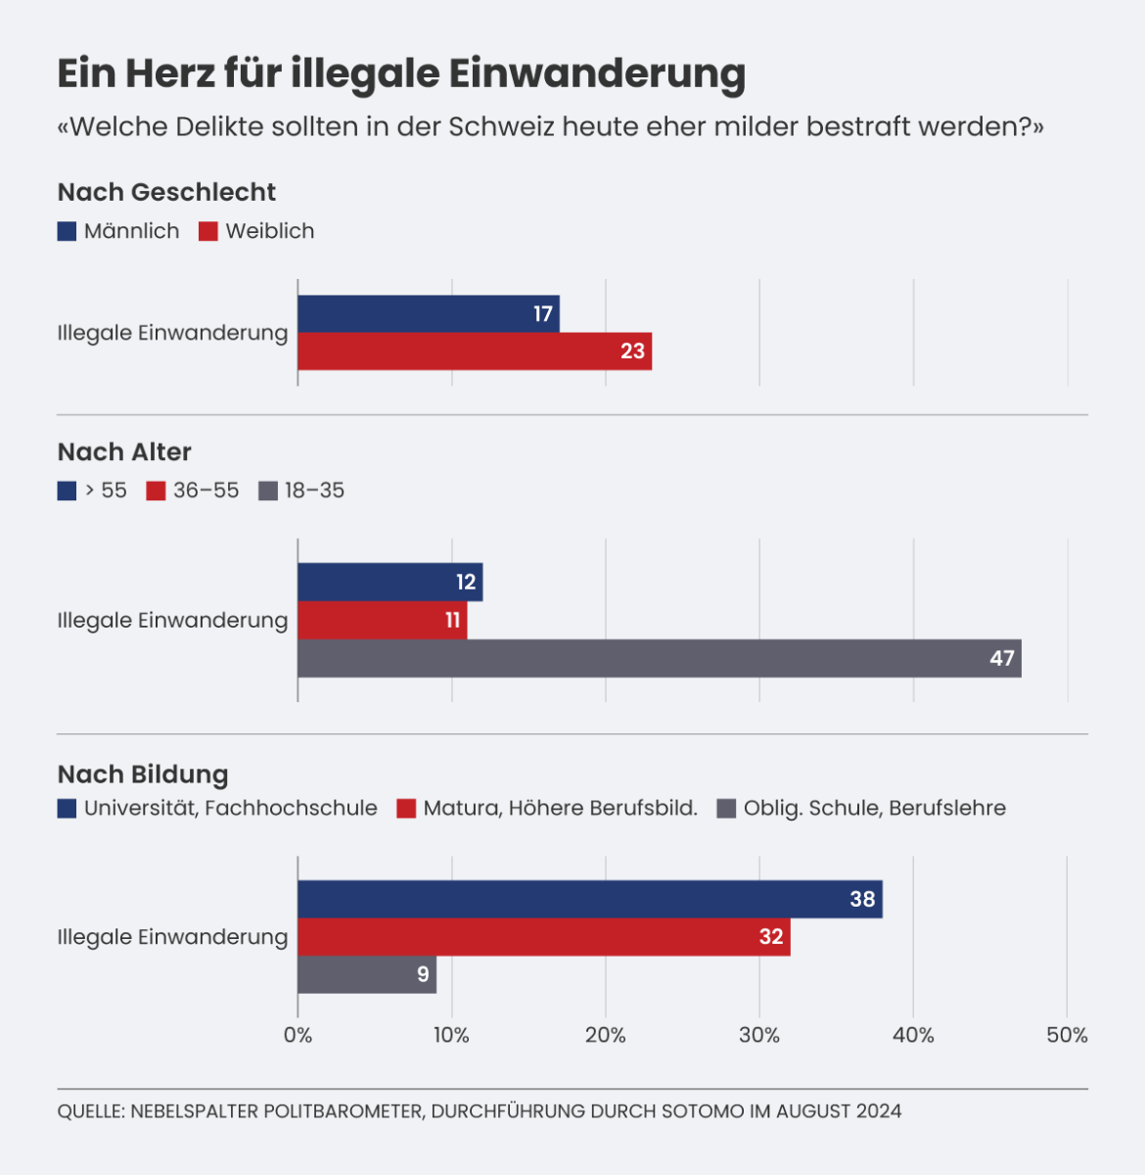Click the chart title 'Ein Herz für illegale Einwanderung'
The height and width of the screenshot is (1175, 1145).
(401, 73)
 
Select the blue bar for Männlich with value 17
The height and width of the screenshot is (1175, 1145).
(429, 314)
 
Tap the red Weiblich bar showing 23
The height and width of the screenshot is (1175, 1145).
(475, 352)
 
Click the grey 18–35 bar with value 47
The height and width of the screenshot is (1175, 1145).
(659, 658)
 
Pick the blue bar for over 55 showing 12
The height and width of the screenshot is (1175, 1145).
(389, 583)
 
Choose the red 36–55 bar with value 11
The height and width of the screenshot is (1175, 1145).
(382, 620)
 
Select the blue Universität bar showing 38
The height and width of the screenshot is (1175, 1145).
(589, 899)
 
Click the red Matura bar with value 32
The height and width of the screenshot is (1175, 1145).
(543, 937)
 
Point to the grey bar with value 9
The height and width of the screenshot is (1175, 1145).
(367, 974)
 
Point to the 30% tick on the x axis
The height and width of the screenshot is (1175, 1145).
(759, 1035)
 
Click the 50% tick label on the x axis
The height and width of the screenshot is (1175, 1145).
(1067, 1035)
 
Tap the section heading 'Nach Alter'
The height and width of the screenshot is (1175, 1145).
(124, 451)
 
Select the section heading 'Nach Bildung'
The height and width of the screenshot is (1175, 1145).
(143, 775)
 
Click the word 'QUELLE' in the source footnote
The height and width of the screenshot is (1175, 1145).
(90, 1111)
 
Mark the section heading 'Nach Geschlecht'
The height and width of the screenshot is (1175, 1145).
(166, 192)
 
